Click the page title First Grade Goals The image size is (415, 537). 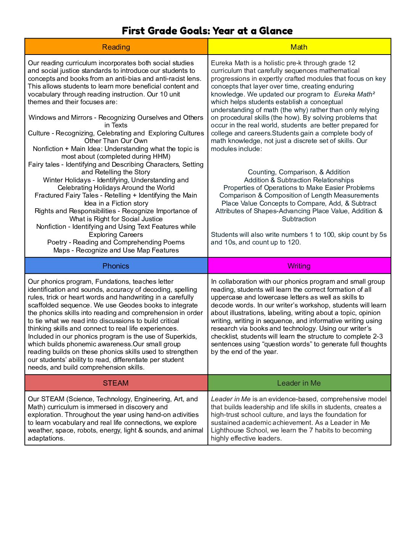click(207, 31)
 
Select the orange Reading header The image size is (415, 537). click(116, 47)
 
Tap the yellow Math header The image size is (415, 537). click(299, 47)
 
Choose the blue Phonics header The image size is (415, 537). click(116, 266)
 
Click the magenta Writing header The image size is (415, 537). click(299, 266)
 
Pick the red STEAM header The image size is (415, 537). click(116, 383)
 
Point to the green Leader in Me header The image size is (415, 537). click(299, 383)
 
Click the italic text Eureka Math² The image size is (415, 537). click(354, 94)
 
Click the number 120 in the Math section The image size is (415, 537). click(294, 242)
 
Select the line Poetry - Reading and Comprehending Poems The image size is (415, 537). click(116, 242)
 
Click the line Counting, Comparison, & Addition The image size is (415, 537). click(299, 172)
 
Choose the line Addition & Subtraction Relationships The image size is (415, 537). click(299, 180)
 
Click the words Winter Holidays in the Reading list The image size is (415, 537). click(67, 180)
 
